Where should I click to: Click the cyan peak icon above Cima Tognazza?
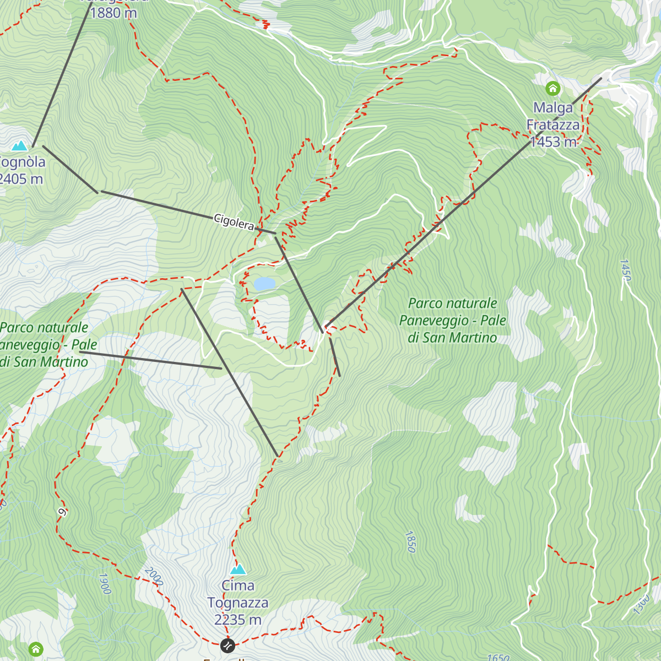pos(238,569)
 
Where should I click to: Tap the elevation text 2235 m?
pos(238,620)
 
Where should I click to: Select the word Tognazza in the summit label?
pos(238,603)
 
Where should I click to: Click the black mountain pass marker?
pos(227,645)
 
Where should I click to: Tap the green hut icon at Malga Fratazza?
pos(552,88)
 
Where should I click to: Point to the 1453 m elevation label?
pos(554,142)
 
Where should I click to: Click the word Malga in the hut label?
pos(553,108)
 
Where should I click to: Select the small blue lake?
pos(264,284)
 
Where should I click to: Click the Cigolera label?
pos(234,223)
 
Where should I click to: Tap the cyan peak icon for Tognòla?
pos(20,146)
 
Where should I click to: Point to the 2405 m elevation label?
pos(21,179)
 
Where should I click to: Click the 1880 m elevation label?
pos(113,12)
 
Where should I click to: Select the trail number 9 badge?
pos(62,512)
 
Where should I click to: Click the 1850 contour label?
pos(410,541)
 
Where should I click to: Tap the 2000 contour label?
pos(153,576)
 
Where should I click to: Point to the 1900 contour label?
pos(104,584)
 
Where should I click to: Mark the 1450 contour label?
pos(625,270)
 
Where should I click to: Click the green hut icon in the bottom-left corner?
pos(36,649)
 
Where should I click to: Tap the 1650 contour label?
pos(498,657)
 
